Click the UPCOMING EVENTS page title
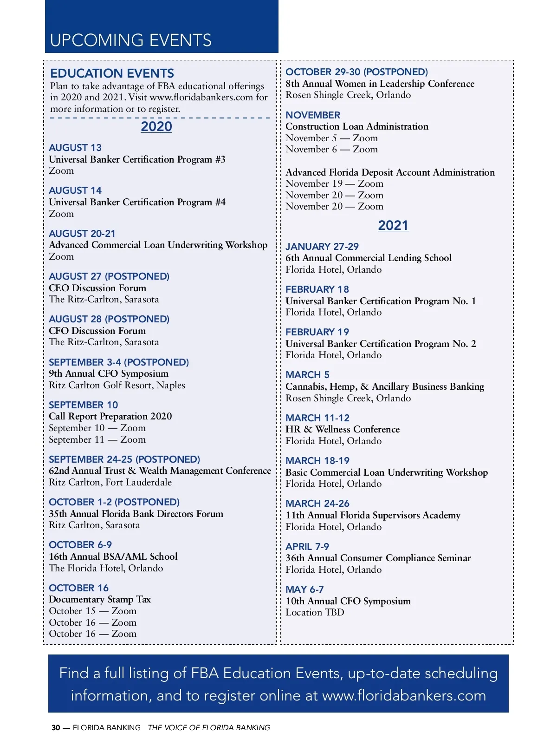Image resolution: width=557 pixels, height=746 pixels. (x=130, y=40)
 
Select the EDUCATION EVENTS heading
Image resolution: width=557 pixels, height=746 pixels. (x=112, y=73)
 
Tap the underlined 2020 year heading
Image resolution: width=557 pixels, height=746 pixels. (x=156, y=126)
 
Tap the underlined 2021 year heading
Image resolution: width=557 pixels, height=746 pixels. (x=393, y=225)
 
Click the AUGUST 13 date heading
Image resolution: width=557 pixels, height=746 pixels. (x=75, y=148)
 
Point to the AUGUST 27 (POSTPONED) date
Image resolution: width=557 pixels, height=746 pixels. (x=109, y=276)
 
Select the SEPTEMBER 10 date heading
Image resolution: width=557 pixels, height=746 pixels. (x=84, y=405)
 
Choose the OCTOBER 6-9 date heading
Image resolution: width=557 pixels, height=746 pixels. (x=80, y=545)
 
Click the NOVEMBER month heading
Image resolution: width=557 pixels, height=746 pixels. (x=313, y=115)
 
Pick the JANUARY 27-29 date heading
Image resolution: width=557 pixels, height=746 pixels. (x=322, y=247)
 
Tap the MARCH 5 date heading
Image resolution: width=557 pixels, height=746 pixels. (x=307, y=375)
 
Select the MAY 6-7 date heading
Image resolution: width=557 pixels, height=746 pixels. (x=304, y=589)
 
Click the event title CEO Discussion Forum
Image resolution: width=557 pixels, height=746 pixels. (x=97, y=288)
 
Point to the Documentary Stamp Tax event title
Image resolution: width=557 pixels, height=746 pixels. (x=100, y=599)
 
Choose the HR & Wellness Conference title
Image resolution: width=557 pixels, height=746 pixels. (x=343, y=429)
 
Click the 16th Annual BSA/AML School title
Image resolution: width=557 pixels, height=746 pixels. (x=113, y=556)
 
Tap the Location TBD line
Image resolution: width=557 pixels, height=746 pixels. (x=315, y=612)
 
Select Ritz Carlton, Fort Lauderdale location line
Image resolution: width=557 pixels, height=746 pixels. (x=110, y=482)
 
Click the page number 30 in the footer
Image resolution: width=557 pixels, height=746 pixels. (x=56, y=728)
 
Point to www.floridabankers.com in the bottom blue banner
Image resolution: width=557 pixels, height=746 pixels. (x=404, y=695)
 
